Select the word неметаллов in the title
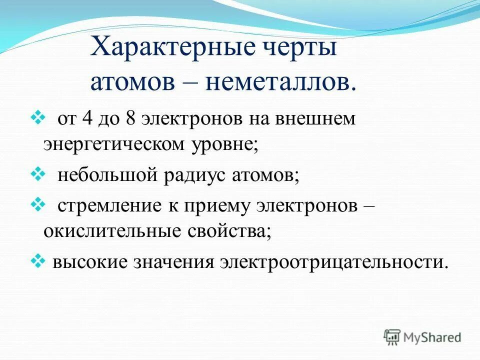(x=280, y=82)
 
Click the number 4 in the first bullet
(x=87, y=119)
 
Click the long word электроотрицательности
(x=332, y=261)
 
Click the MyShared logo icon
(x=392, y=337)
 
